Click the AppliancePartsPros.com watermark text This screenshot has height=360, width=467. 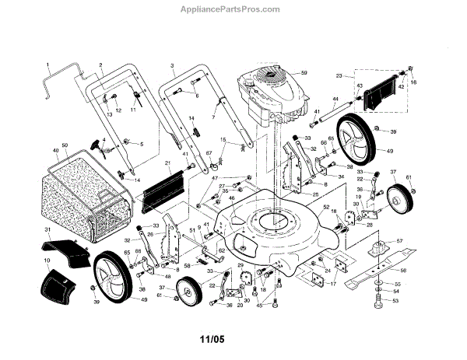[233, 11]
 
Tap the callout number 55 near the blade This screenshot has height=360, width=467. [396, 285]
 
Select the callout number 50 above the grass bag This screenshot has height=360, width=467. [65, 146]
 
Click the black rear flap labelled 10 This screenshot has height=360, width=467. [54, 282]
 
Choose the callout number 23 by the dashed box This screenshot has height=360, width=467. [339, 75]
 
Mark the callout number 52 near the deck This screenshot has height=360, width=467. [326, 207]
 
